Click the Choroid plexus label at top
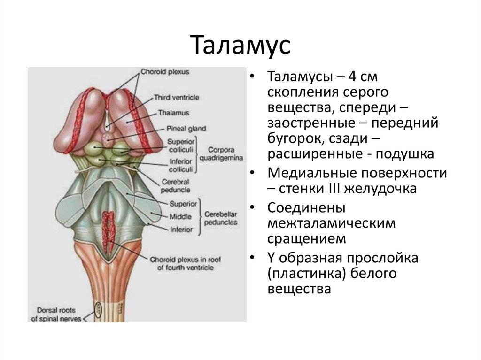(x=159, y=73)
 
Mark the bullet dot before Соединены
(x=253, y=208)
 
